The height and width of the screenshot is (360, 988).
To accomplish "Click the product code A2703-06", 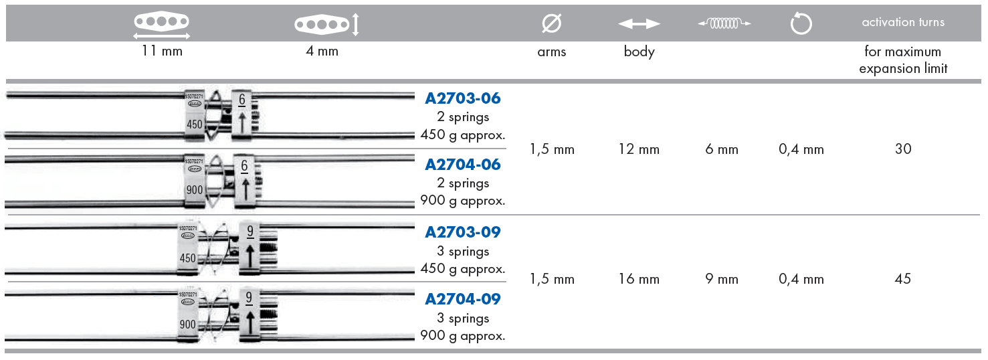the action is click(463, 98).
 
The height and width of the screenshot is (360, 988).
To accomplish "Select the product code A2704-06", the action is click(463, 165).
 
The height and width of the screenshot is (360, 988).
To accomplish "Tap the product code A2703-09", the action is click(463, 232).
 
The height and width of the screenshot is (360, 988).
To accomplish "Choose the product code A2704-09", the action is click(463, 299).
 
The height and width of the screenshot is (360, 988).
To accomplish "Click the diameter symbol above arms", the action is click(552, 23).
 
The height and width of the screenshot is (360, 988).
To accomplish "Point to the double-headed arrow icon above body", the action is click(639, 23).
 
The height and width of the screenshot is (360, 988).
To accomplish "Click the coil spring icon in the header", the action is click(724, 23).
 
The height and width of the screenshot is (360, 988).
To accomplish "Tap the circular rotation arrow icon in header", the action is click(801, 23).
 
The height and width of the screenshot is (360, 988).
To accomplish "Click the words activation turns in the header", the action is click(903, 22).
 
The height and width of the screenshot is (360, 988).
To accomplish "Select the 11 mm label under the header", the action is click(162, 51).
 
